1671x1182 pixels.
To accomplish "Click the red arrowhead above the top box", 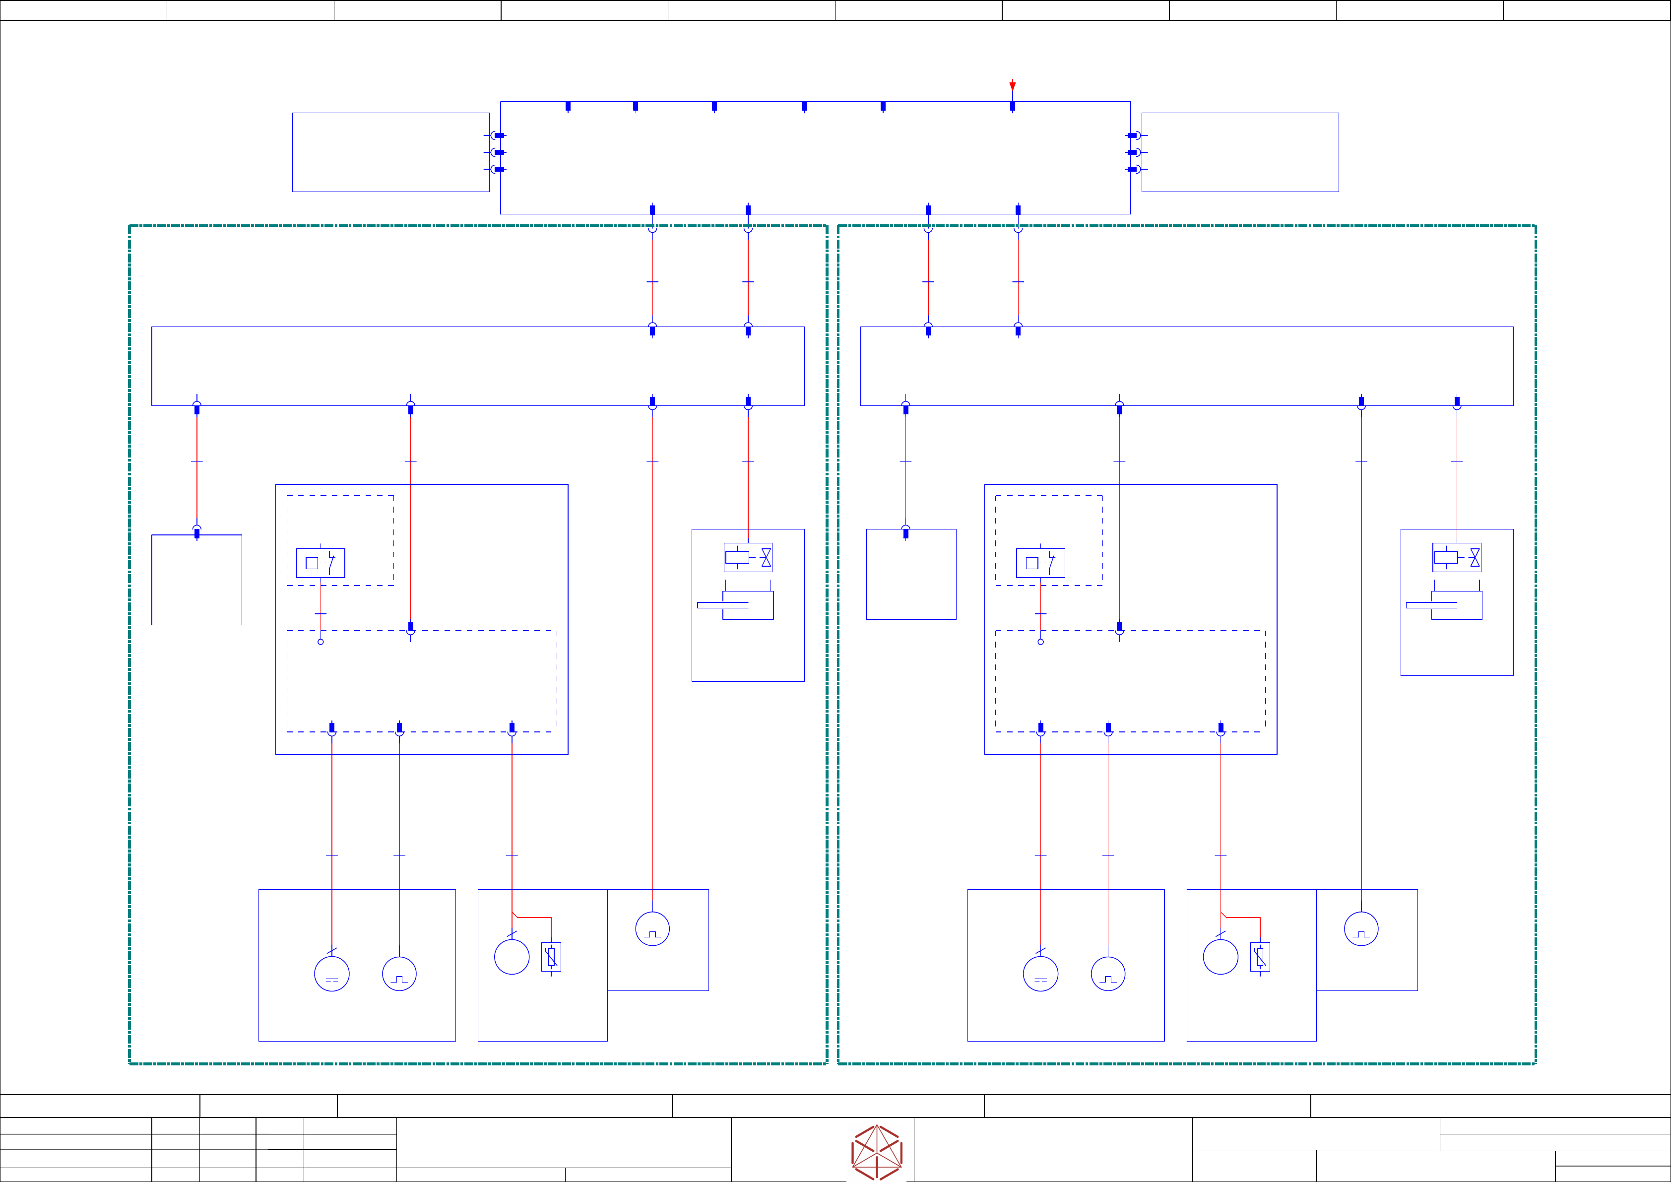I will tap(1012, 86).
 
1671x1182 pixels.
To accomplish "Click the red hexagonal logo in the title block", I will tap(877, 1152).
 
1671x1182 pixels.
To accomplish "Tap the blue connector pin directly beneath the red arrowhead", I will tap(1012, 106).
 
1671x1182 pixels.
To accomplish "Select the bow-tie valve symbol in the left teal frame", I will tap(766, 558).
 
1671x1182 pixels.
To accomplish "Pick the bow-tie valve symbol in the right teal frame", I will tap(1475, 558).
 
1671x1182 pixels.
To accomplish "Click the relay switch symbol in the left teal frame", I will tap(320, 563).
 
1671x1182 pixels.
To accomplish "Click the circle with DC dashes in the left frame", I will tap(332, 974).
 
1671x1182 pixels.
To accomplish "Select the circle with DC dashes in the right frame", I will tap(1041, 974).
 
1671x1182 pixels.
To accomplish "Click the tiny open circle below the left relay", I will tap(320, 642).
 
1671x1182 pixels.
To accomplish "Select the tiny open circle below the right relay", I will tap(1041, 642).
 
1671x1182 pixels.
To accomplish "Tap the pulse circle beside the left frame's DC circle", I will tap(399, 974).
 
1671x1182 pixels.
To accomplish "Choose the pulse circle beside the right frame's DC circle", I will tap(1108, 974).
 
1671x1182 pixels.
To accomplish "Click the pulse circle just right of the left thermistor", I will tap(652, 929).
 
